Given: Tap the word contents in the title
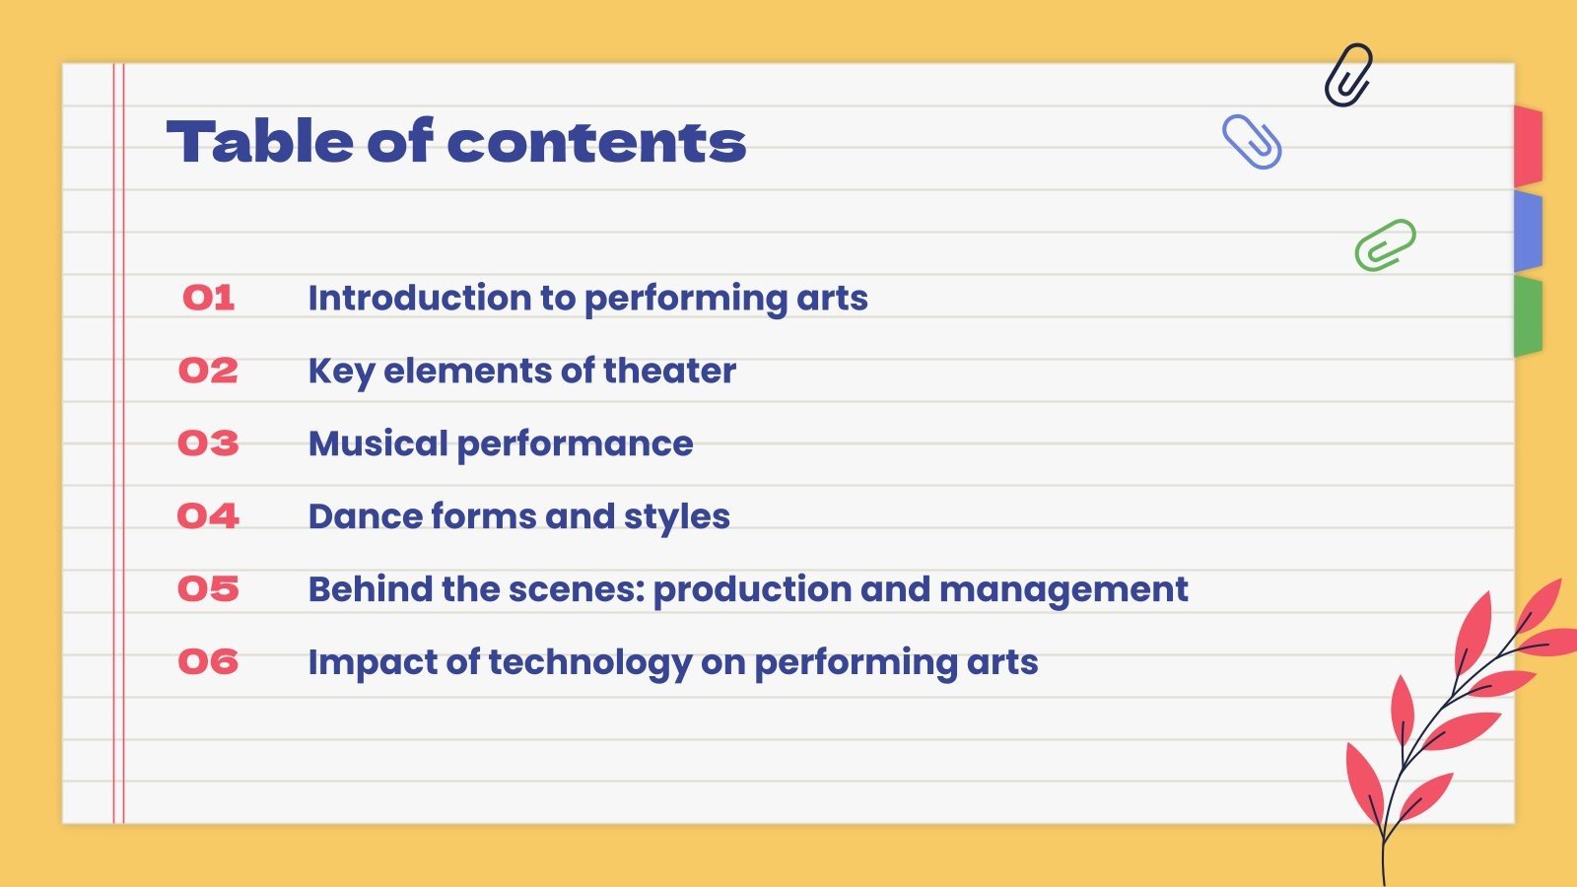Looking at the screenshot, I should (596, 143).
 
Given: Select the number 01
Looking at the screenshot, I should (208, 298).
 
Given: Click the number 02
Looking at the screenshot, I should (208, 371).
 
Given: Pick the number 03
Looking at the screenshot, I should (208, 443).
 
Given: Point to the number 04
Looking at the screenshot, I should (208, 516).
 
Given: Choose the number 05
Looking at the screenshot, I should (208, 589).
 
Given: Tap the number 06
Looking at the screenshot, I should (208, 662).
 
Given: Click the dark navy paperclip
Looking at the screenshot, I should (1348, 75).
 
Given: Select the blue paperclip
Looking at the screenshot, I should (1252, 142).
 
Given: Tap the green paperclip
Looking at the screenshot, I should (1385, 244).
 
